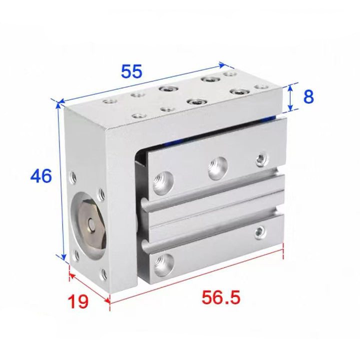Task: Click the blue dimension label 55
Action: (131, 71)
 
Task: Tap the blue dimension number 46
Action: (41, 176)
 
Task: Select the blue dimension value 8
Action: (308, 96)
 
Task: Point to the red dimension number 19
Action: (78, 301)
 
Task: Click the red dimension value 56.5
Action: (221, 297)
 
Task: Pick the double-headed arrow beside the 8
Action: (290, 97)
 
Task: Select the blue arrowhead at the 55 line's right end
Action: (221, 64)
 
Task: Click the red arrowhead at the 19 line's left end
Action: (72, 275)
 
